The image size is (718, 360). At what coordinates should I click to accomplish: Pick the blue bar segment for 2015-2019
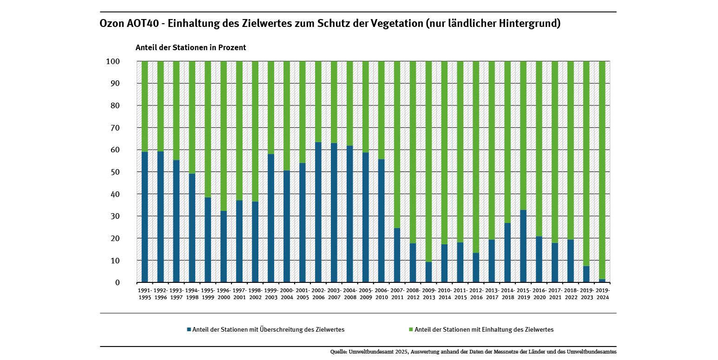click(523, 246)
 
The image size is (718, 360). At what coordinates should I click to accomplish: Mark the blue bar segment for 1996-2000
click(224, 247)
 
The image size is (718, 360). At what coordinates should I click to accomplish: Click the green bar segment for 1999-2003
click(271, 107)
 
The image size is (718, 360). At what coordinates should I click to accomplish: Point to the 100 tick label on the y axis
click(113, 61)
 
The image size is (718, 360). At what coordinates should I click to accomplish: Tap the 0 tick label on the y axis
click(117, 282)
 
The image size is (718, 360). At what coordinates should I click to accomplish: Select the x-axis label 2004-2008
click(350, 294)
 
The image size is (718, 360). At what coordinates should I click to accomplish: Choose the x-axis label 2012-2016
click(476, 294)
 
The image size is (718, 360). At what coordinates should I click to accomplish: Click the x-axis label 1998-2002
click(255, 294)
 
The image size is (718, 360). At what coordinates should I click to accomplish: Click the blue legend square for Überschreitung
click(189, 329)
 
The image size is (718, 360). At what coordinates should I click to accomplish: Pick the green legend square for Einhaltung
click(411, 329)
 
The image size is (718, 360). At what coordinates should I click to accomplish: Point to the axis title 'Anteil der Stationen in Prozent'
click(191, 47)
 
